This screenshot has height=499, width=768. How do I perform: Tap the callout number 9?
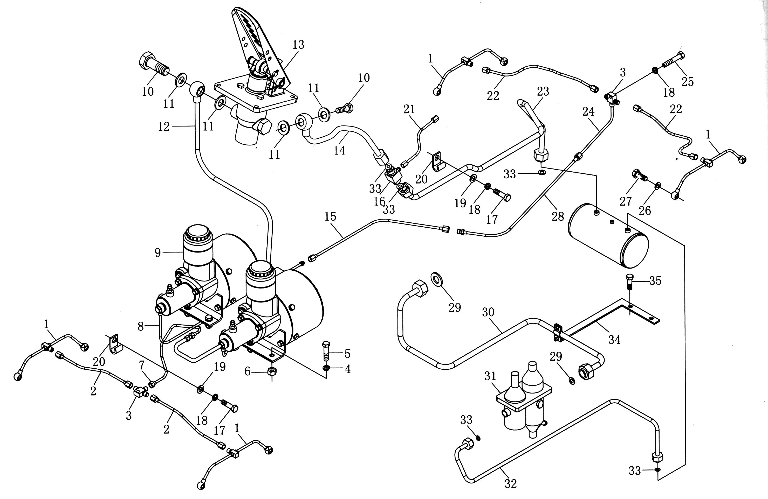tap(157, 253)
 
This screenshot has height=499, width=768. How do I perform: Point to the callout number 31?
tap(490, 376)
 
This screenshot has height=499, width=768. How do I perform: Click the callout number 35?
tap(655, 281)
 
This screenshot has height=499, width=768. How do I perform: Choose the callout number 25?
tap(688, 82)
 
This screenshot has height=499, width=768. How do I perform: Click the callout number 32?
tap(511, 483)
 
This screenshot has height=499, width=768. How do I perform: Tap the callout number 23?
tap(543, 92)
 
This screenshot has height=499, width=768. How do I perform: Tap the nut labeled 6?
tap(272, 371)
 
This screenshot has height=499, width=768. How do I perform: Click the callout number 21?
tap(409, 110)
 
